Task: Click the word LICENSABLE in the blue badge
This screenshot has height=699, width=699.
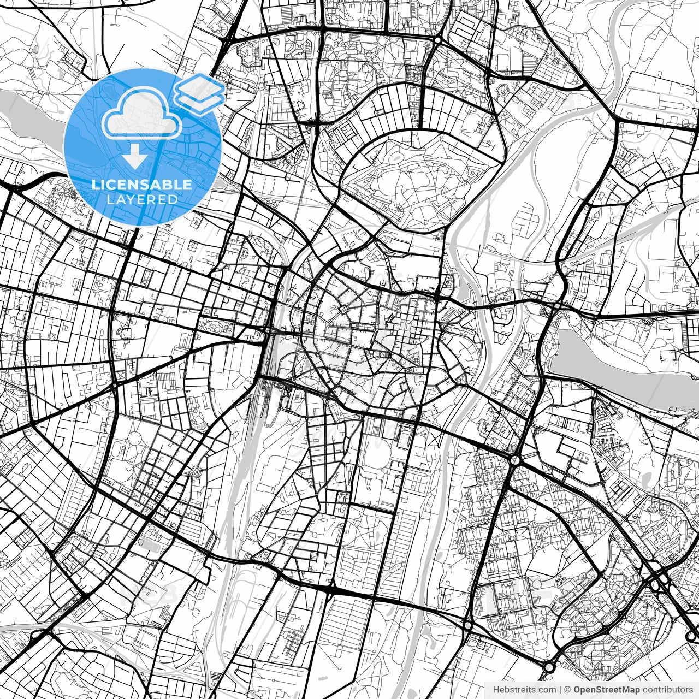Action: pyautogui.click(x=142, y=185)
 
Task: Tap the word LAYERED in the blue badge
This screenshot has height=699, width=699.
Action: pyautogui.click(x=142, y=199)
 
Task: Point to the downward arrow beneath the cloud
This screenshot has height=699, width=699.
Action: pyautogui.click(x=134, y=159)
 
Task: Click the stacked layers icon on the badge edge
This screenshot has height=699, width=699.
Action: pyautogui.click(x=200, y=91)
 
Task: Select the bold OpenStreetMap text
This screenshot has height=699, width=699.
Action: pyautogui.click(x=606, y=689)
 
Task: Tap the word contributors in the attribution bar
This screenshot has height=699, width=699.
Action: pyautogui.click(x=667, y=689)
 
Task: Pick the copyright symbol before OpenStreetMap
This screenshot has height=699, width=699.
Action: pyautogui.click(x=568, y=689)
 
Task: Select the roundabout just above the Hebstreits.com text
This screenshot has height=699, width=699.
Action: pyautogui.click(x=548, y=667)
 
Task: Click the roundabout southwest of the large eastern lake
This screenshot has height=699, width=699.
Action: pyautogui.click(x=515, y=460)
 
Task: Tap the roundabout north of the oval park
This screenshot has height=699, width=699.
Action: pyautogui.click(x=437, y=40)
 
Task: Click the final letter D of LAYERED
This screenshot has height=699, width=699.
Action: pyautogui.click(x=174, y=199)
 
